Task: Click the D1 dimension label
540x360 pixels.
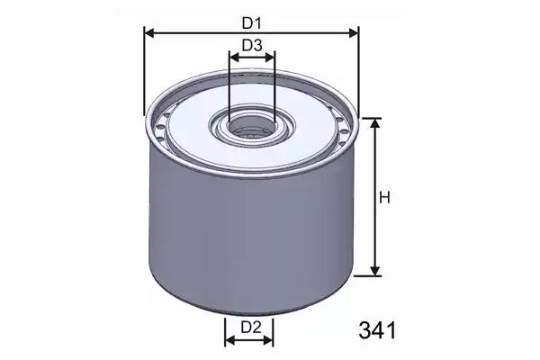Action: pyautogui.click(x=252, y=23)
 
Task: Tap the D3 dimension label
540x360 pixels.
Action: pyautogui.click(x=252, y=45)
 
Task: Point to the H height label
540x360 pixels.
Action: pyautogui.click(x=384, y=198)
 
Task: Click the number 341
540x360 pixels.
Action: pyautogui.click(x=377, y=330)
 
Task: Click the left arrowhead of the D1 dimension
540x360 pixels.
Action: pyautogui.click(x=149, y=33)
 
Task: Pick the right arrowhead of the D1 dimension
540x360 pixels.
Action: pyautogui.click(x=354, y=33)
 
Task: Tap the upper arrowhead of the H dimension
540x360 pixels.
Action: pyautogui.click(x=375, y=123)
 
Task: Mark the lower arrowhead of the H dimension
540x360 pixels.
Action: pyautogui.click(x=375, y=271)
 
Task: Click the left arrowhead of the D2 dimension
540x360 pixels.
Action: pyautogui.click(x=229, y=341)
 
